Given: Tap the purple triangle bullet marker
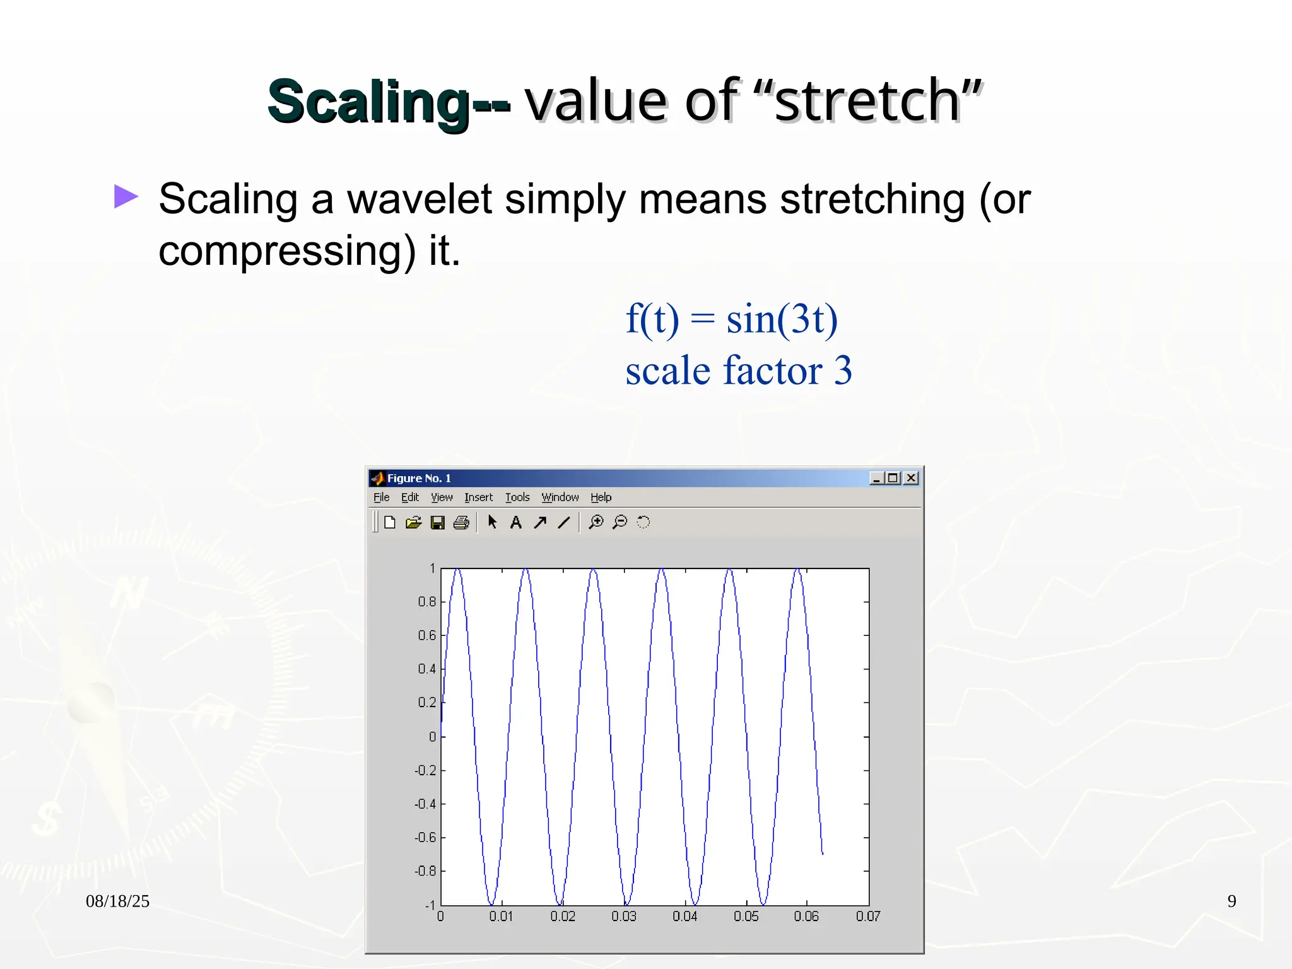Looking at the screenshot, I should tap(126, 196).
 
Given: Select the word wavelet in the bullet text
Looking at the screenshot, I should tap(419, 199).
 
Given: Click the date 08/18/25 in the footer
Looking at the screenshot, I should tap(117, 901).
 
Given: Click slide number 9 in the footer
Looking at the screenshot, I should tap(1231, 901).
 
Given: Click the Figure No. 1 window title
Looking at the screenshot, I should tap(419, 478).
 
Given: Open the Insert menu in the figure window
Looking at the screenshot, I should tap(478, 497).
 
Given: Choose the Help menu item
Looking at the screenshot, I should tap(601, 497).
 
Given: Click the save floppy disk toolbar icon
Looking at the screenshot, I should tap(437, 522).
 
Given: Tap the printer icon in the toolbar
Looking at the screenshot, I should tap(461, 522).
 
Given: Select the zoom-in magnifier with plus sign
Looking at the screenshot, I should tap(596, 522).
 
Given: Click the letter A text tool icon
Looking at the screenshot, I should tap(515, 522).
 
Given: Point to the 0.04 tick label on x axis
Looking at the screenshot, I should tap(684, 916).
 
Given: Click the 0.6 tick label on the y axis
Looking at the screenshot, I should tap(426, 635).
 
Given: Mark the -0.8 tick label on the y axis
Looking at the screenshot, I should tap(425, 871).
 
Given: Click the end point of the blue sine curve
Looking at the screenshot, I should tap(822, 853).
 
